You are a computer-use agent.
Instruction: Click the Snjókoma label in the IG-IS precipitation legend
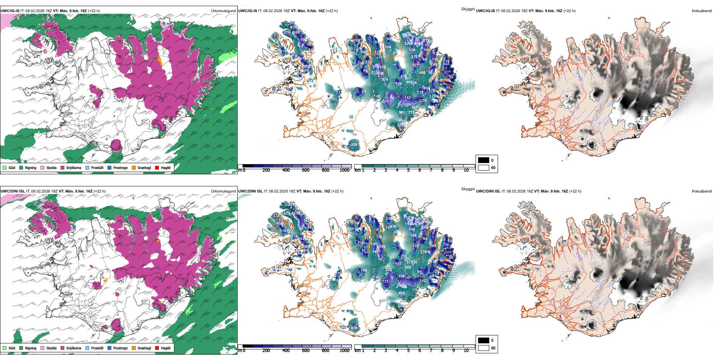click(74, 167)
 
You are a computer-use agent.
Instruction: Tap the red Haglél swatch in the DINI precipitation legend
click(157, 348)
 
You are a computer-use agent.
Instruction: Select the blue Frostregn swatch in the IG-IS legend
click(110, 167)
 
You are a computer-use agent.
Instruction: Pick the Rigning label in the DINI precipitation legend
click(31, 348)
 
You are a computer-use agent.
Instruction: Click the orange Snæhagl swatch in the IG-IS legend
click(134, 167)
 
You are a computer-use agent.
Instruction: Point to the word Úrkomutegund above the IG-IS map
click(223, 11)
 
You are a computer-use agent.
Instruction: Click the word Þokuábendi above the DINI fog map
click(702, 191)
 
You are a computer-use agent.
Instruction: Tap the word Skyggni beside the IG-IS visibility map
click(468, 9)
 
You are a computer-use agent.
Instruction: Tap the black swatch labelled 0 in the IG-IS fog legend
click(484, 160)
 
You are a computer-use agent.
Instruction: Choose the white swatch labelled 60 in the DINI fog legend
click(484, 348)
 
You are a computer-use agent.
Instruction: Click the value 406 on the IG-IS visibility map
click(422, 73)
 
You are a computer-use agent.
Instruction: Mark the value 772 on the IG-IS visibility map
click(411, 113)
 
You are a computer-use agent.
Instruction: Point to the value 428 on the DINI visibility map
click(401, 293)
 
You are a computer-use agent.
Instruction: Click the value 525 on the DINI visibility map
click(408, 268)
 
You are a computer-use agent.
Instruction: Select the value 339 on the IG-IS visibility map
click(354, 144)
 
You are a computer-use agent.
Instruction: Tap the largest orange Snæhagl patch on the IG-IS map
click(160, 61)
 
